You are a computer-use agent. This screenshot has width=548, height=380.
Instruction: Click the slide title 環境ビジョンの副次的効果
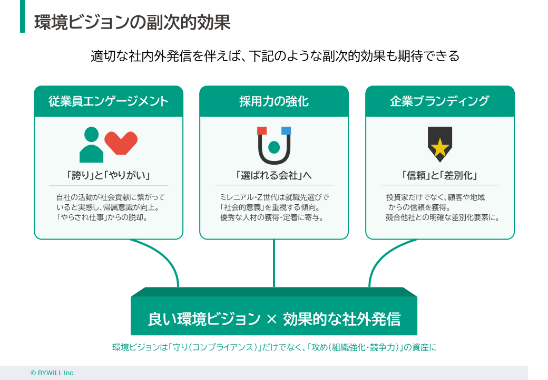click(x=132, y=23)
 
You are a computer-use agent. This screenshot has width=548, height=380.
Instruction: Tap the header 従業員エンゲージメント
click(x=109, y=101)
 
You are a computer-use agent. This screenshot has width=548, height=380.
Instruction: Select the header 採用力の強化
click(x=274, y=101)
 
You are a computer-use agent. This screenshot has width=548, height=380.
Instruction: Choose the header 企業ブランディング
click(x=439, y=101)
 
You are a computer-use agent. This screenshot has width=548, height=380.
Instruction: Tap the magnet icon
click(x=274, y=146)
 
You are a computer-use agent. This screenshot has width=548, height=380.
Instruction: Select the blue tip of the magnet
click(x=286, y=131)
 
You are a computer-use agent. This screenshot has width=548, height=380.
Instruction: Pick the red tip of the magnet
click(x=262, y=131)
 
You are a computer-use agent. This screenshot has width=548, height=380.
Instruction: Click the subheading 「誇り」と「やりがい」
click(x=109, y=175)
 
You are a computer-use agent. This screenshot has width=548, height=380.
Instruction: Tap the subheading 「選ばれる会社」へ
click(x=274, y=175)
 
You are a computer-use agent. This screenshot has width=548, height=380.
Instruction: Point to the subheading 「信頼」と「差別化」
click(x=439, y=175)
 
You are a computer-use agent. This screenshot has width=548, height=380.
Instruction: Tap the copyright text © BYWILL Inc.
click(x=53, y=373)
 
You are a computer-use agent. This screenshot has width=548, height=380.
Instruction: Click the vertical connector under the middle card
click(x=274, y=264)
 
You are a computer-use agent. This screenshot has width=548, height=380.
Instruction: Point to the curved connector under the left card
click(x=163, y=259)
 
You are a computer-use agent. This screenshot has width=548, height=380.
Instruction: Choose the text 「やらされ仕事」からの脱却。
click(x=102, y=217)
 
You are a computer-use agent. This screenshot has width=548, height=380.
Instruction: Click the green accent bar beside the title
click(x=22, y=16)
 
